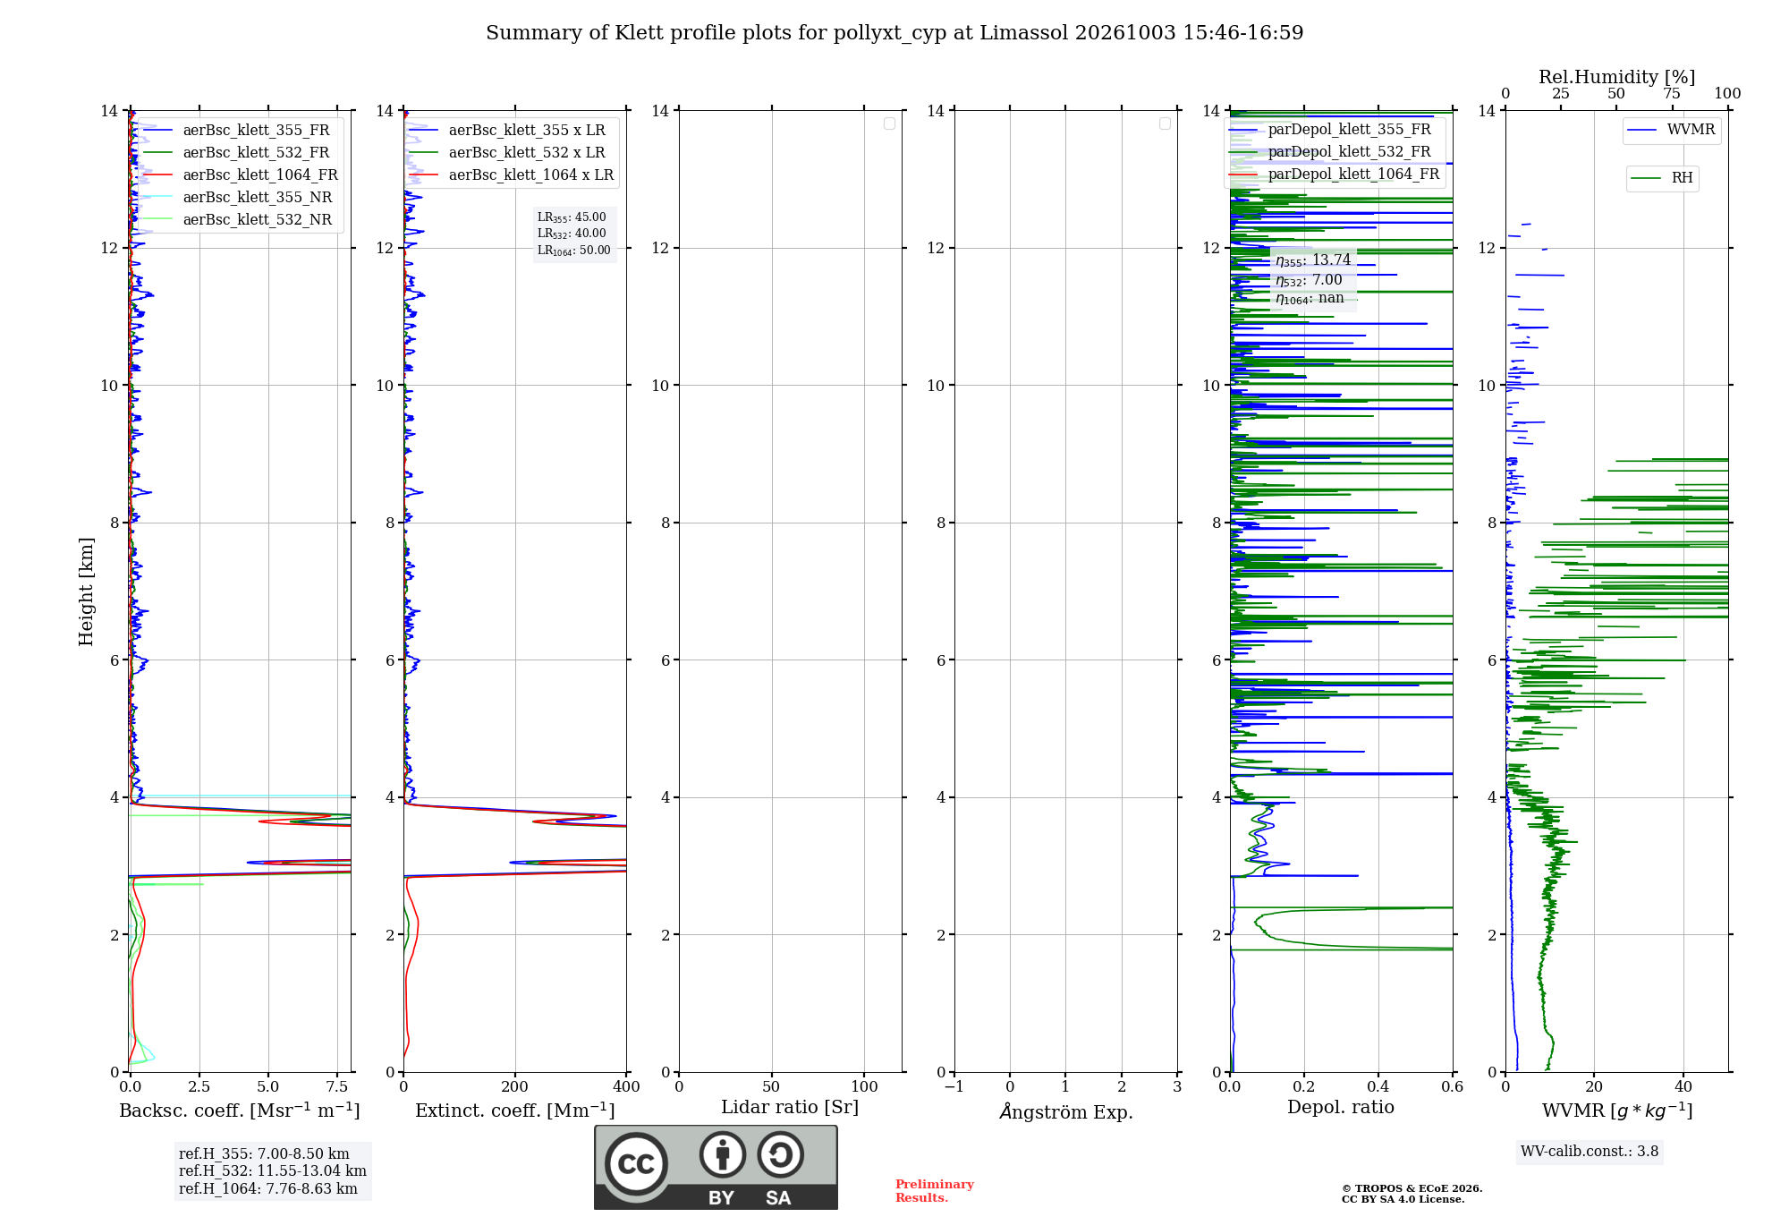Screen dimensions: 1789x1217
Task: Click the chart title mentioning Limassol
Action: pyautogui.click(x=894, y=33)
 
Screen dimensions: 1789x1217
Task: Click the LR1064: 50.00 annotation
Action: pyautogui.click(x=574, y=251)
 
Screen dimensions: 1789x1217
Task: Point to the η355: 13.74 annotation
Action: pyautogui.click(x=1313, y=260)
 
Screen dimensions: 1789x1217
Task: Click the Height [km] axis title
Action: pyautogui.click(x=86, y=591)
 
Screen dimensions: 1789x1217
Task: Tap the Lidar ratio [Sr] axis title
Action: pyautogui.click(x=790, y=1108)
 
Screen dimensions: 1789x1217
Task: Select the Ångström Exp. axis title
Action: pyautogui.click(x=1066, y=1111)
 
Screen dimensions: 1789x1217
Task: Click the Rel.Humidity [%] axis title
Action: pyautogui.click(x=1616, y=77)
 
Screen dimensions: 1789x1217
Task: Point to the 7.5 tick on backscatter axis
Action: pyautogui.click(x=337, y=1086)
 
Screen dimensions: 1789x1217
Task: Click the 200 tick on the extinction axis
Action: pyautogui.click(x=515, y=1086)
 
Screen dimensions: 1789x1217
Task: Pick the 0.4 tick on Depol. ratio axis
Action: pyautogui.click(x=1378, y=1086)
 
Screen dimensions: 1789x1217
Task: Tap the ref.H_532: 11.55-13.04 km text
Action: pyautogui.click(x=273, y=1171)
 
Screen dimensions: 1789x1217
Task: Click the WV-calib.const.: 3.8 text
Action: pyautogui.click(x=1590, y=1152)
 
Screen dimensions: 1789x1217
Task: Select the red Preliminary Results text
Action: pyautogui.click(x=935, y=1191)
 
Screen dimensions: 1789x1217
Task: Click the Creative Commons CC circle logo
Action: pyautogui.click(x=636, y=1164)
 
